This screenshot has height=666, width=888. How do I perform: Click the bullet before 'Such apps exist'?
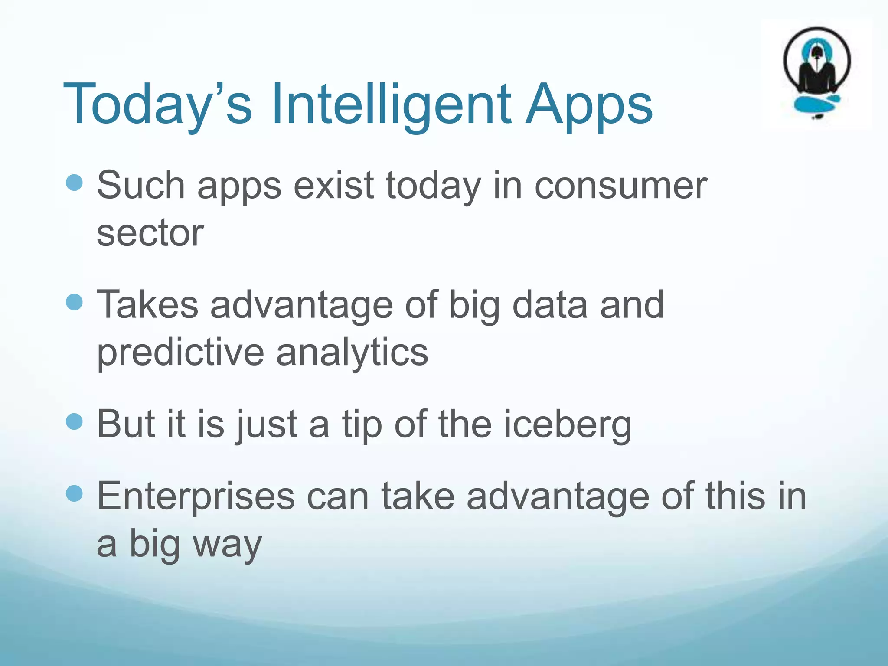point(74,183)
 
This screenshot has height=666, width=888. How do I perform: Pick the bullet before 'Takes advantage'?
point(74,302)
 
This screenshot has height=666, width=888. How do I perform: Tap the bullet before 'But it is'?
point(74,421)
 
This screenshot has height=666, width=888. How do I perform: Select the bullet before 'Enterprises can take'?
point(74,493)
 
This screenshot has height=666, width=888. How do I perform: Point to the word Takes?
point(147,305)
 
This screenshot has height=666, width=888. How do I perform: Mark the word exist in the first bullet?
point(333,186)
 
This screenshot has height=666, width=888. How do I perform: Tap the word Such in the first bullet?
point(141,186)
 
